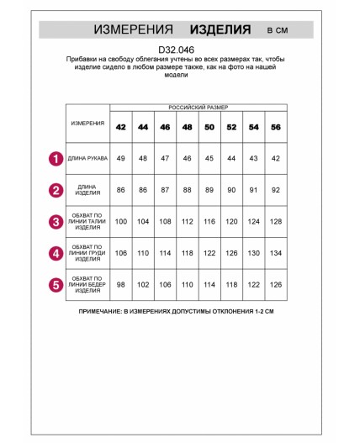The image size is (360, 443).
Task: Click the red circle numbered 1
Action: (56, 158)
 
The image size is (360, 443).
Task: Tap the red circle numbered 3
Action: (56, 222)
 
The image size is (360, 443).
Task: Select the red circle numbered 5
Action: (56, 285)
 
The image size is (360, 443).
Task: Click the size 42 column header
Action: (121, 127)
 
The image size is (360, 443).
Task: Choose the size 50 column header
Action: (209, 127)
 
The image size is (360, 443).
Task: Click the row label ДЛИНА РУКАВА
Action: (87, 158)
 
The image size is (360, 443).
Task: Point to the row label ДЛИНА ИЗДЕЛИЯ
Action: (87, 190)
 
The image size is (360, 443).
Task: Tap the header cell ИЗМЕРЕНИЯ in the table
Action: (87, 124)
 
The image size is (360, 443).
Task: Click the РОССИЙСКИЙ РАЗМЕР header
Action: (199, 108)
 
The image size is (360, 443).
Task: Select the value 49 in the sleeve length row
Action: (121, 158)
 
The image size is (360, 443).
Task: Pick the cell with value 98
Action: (121, 285)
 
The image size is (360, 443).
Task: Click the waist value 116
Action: (209, 222)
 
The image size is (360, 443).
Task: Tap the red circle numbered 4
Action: (56, 253)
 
